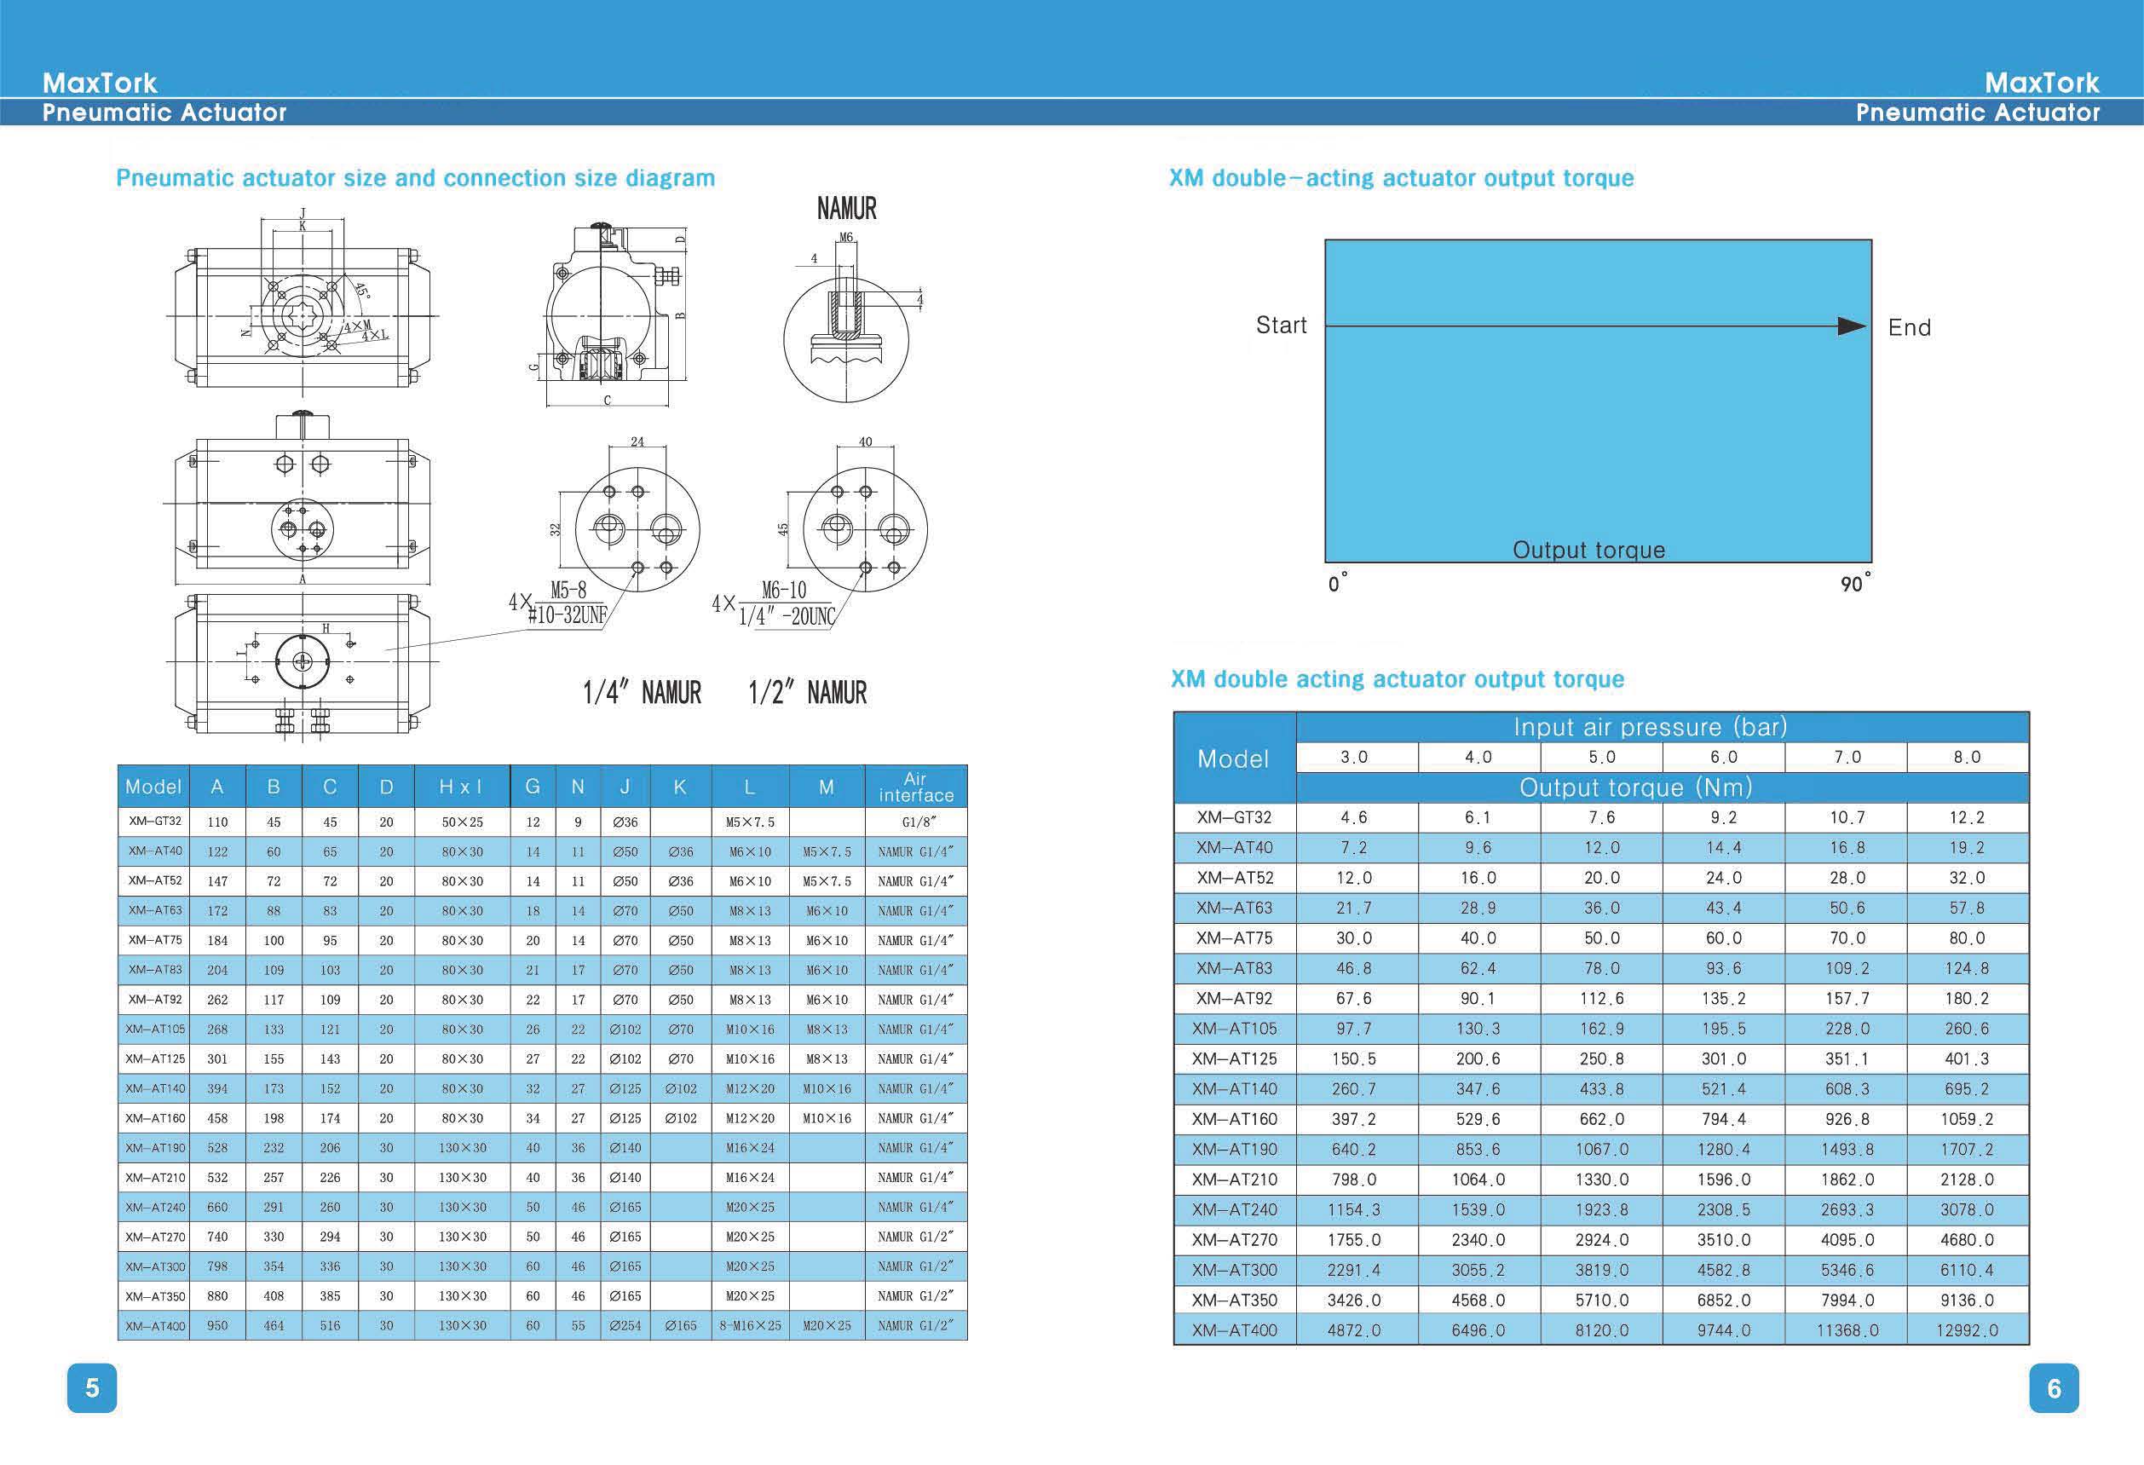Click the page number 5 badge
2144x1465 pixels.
point(92,1387)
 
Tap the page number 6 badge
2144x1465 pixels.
point(2054,1387)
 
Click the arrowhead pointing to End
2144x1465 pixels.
point(1852,326)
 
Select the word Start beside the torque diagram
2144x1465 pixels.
point(1282,325)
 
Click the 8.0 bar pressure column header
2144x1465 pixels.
point(1967,757)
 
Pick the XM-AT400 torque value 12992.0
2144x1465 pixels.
point(1967,1330)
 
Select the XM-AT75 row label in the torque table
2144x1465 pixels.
point(1235,938)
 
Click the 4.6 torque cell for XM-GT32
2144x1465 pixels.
point(1354,817)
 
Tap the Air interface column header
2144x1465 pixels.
point(915,786)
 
